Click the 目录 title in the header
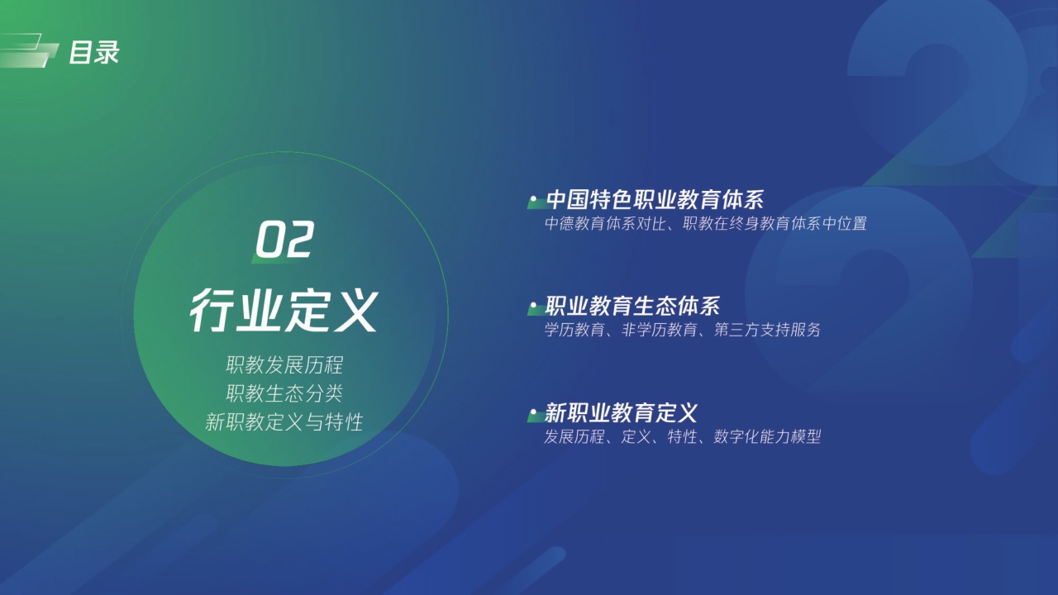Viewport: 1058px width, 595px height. (x=93, y=53)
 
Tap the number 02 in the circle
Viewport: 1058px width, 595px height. (x=284, y=240)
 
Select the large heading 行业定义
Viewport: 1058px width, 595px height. (x=284, y=312)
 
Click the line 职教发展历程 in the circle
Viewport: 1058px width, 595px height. (x=284, y=365)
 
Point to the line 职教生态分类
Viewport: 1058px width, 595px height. (x=284, y=393)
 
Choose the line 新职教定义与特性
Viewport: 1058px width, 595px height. (x=284, y=422)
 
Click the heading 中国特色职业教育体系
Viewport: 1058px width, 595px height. (x=655, y=200)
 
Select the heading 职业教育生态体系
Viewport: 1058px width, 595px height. (x=633, y=307)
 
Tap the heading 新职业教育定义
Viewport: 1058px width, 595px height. (x=622, y=412)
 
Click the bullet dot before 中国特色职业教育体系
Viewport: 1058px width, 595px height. (x=534, y=200)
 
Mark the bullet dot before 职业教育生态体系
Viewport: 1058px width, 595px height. (x=534, y=307)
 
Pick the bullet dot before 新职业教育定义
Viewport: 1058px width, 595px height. (x=534, y=412)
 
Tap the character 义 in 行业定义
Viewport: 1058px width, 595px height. (x=354, y=312)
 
